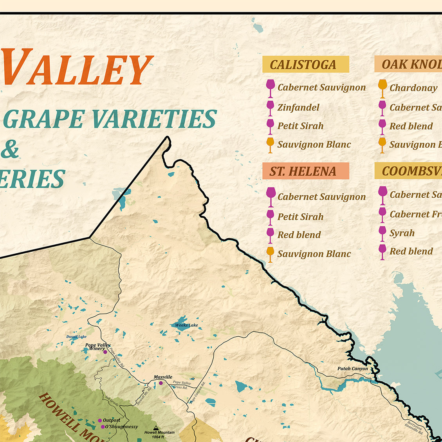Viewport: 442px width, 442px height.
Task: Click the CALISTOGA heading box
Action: coord(305,64)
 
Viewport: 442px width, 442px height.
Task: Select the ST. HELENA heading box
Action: coord(305,171)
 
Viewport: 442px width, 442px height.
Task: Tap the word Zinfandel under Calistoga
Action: coord(298,107)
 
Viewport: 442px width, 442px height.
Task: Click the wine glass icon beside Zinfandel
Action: coord(270,108)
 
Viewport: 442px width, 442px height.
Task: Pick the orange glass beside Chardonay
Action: coord(382,88)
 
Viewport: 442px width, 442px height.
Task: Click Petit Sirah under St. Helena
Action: coord(300,216)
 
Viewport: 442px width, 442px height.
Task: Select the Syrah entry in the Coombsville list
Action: coord(402,233)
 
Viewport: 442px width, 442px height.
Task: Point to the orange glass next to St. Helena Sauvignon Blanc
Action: coord(270,254)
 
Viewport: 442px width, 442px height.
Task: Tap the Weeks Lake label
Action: coord(186,325)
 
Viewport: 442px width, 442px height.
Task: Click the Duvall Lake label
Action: coord(76,337)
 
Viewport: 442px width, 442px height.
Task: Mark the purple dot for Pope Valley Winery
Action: coord(105,352)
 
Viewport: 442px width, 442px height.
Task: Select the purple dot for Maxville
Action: coord(161,383)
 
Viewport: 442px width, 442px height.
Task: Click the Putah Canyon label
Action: coord(352,368)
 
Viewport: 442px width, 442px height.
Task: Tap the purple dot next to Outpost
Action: coord(100,420)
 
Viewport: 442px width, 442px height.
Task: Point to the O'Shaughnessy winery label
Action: coord(121,427)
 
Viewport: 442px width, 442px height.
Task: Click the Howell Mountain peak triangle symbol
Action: coord(156,428)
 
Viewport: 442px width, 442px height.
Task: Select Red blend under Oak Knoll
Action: coord(411,126)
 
